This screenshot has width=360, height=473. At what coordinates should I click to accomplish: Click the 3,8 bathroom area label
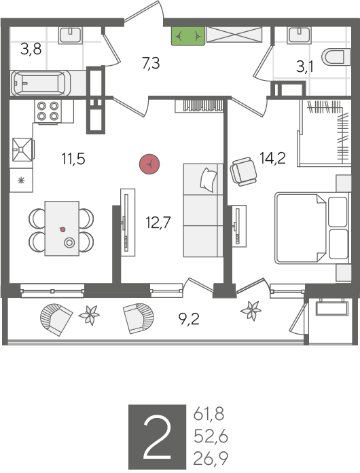(31, 49)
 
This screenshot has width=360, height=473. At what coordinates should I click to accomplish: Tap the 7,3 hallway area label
(151, 63)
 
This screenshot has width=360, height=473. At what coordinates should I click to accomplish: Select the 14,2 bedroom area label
(273, 157)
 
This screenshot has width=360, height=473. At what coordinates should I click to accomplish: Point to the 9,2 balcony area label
(189, 319)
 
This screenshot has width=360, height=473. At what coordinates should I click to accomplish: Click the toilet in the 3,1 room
(336, 57)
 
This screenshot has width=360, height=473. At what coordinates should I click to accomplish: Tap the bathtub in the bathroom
(41, 83)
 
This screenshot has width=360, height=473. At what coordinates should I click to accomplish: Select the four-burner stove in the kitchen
(48, 111)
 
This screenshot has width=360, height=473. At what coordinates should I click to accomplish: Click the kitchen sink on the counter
(22, 149)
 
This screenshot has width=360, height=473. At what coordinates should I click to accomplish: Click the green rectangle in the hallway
(188, 36)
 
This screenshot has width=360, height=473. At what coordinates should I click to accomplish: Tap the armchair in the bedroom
(243, 171)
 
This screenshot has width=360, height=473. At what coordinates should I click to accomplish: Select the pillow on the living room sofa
(209, 179)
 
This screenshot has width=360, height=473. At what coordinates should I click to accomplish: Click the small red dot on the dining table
(62, 229)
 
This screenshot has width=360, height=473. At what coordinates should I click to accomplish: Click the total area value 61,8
(209, 414)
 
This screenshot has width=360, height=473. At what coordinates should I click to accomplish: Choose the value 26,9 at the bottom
(211, 459)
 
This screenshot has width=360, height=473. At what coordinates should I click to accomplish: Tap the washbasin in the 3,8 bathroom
(71, 35)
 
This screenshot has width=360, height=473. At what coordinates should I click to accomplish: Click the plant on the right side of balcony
(251, 310)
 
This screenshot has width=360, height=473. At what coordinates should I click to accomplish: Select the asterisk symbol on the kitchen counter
(21, 181)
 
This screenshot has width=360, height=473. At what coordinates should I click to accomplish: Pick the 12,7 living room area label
(158, 223)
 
